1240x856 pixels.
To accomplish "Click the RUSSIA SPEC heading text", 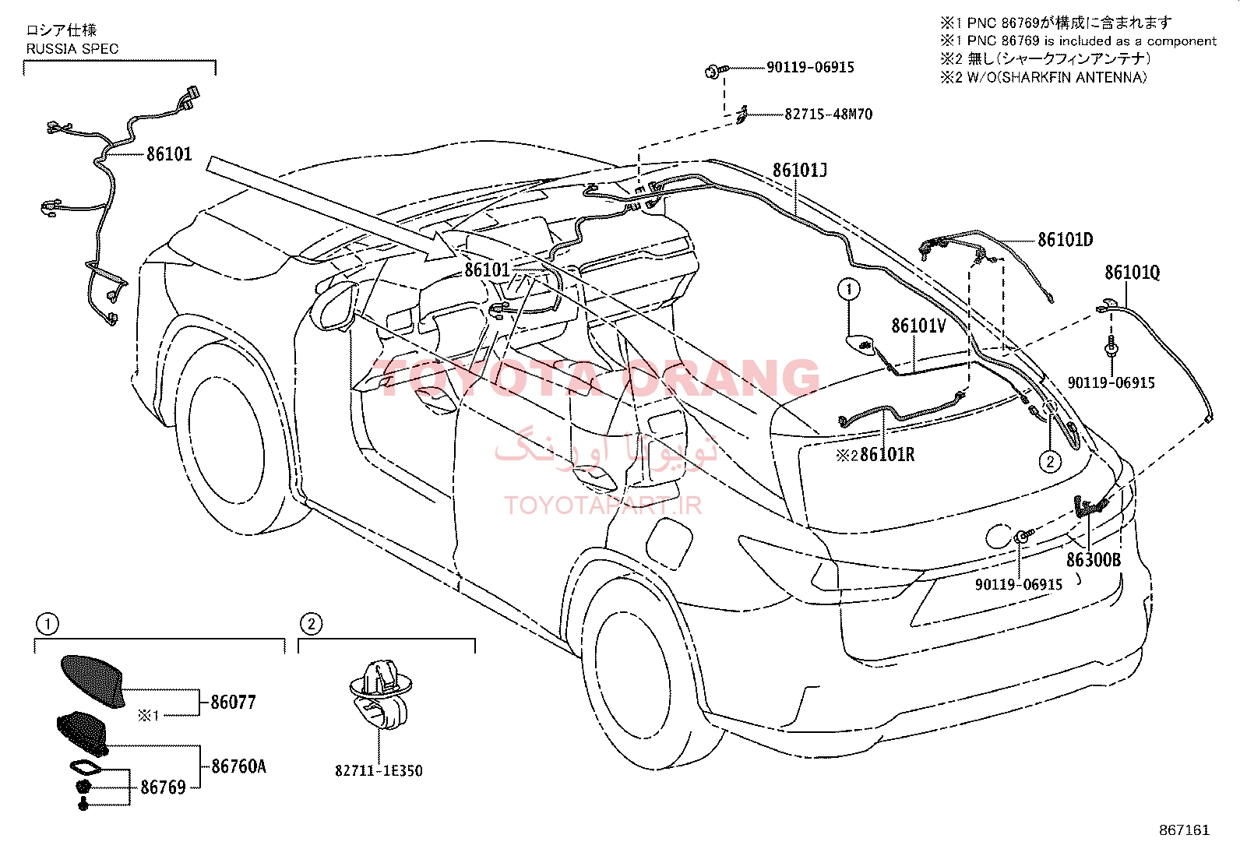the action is click(x=72, y=49).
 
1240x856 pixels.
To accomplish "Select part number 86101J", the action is click(x=799, y=170).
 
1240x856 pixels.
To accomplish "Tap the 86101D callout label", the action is click(x=1065, y=240).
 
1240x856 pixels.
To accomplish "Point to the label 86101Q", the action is click(x=1132, y=273).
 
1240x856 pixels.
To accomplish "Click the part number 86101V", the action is click(x=919, y=326).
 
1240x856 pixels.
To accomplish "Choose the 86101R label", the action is click(x=887, y=455).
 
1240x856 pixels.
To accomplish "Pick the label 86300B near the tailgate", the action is click(x=1094, y=560).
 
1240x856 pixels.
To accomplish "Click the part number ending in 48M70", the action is click(x=828, y=114).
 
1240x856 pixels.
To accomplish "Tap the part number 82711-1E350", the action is click(x=379, y=771).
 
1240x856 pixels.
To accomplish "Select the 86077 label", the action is click(x=233, y=703).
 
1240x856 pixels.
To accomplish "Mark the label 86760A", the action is click(x=238, y=766).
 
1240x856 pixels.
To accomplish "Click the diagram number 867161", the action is click(x=1184, y=830).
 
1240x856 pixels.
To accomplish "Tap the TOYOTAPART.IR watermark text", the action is click(x=603, y=505).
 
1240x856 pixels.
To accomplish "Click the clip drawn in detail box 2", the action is click(x=381, y=694).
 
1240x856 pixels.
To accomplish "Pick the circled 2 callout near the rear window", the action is click(x=1050, y=461).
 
